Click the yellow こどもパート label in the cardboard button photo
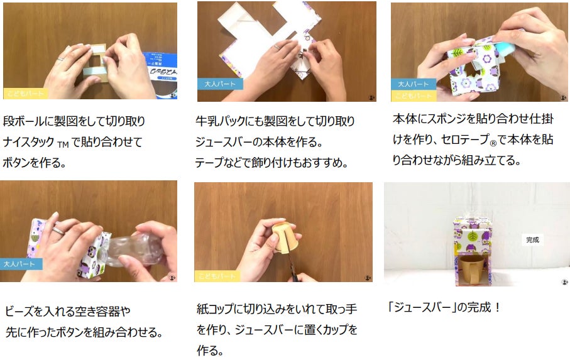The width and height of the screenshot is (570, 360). (x=25, y=94)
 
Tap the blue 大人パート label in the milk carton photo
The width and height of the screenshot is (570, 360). (x=220, y=84)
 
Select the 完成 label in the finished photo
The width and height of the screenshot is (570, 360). (x=532, y=240)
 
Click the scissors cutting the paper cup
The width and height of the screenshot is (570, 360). (x=295, y=266)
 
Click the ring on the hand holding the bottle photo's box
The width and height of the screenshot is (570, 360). (x=58, y=231)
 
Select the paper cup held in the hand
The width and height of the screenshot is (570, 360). (x=286, y=237)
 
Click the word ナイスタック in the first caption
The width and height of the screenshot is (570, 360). (x=28, y=141)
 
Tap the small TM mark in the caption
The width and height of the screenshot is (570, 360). (x=62, y=145)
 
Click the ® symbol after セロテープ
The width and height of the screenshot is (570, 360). (x=493, y=143)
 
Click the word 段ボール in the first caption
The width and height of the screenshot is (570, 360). (x=23, y=121)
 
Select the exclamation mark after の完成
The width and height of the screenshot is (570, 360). (x=497, y=308)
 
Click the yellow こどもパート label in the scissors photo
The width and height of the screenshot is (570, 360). (x=217, y=276)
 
